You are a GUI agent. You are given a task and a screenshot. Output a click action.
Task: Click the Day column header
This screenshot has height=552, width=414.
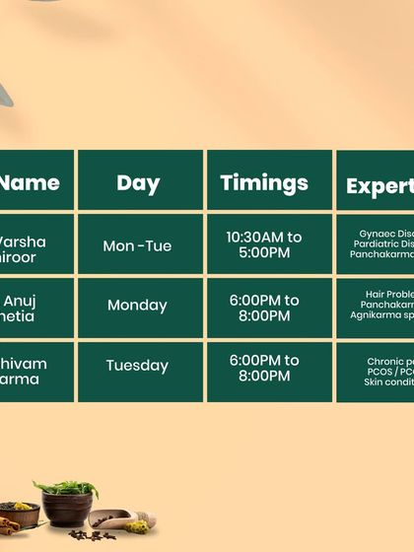coord(138,182)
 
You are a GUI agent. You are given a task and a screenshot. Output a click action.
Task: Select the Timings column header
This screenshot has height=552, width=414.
coord(263,182)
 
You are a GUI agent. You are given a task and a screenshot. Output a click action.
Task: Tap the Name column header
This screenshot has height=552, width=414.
coord(35,182)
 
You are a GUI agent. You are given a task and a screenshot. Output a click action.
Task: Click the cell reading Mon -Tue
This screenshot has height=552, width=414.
coord(138,245)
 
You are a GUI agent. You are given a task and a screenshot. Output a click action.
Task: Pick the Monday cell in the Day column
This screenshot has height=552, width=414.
coord(138,306)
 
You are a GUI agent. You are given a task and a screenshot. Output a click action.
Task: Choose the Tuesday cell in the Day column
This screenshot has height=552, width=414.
coord(138,366)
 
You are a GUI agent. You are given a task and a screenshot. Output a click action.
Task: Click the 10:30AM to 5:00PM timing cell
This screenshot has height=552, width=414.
coord(263,245)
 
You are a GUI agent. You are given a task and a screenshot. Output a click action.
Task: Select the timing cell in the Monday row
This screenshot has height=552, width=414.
coord(263,308)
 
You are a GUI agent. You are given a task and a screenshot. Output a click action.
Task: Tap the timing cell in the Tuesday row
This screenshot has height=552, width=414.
coord(263,369)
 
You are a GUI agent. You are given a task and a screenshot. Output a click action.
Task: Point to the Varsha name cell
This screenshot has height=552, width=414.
coord(35,245)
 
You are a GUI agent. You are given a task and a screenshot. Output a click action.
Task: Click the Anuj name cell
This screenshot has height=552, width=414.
coord(35,308)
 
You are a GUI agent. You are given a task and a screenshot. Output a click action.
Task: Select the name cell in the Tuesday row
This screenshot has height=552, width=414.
coord(35,371)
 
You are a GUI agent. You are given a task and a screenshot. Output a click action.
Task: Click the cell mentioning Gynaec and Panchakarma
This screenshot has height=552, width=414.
coord(377,244)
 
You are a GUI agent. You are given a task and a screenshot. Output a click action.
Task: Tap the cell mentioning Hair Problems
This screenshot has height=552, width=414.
coord(377,305)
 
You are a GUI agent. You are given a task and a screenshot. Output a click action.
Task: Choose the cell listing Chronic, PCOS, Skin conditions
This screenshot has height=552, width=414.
coord(377,371)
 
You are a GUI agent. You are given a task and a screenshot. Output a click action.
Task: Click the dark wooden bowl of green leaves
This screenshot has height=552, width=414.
coord(67,504)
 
